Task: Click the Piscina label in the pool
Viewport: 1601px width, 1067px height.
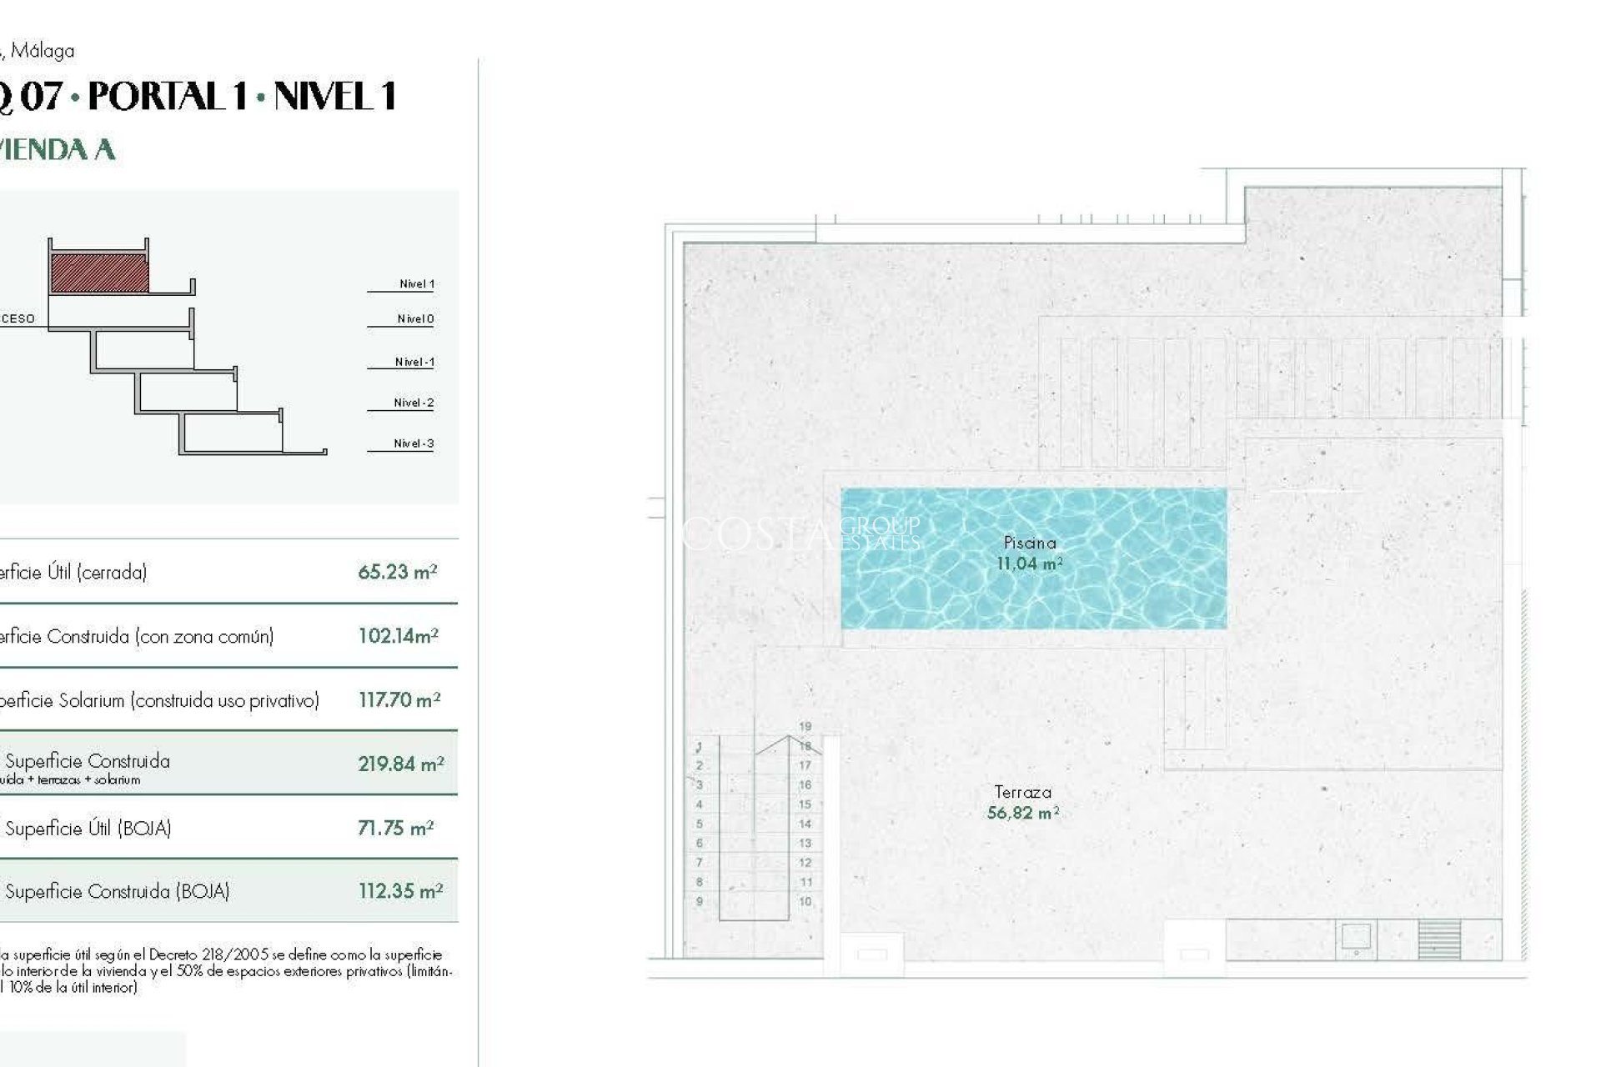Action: coord(1030,543)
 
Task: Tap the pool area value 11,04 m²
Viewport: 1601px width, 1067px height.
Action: coord(1029,564)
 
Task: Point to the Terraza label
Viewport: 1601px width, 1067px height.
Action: coord(1022,792)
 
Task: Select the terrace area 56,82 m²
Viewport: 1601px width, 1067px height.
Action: coord(1022,813)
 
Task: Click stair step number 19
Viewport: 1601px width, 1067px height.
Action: coord(805,726)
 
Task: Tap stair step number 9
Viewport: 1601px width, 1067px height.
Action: coord(700,901)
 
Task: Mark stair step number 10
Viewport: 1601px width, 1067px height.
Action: coord(805,901)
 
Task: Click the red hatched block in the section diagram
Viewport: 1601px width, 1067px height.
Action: coord(100,273)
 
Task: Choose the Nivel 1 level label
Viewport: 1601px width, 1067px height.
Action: coord(416,284)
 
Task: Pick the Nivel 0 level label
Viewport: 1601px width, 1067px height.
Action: coord(415,319)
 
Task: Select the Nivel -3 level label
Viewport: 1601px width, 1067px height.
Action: coord(414,443)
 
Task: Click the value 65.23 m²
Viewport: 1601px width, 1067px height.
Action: coord(397,572)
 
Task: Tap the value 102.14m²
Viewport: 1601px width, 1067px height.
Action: coord(398,636)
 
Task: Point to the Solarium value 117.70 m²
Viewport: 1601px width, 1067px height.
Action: coord(399,700)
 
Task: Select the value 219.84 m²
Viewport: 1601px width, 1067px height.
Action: coord(400,764)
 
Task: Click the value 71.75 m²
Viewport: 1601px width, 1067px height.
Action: coord(395,828)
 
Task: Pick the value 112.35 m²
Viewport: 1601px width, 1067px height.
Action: coord(400,891)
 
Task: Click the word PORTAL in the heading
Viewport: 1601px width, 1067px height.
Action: coord(168,97)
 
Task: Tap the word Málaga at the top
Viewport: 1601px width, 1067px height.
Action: coord(43,51)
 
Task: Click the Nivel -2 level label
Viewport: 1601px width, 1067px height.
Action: coord(414,403)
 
